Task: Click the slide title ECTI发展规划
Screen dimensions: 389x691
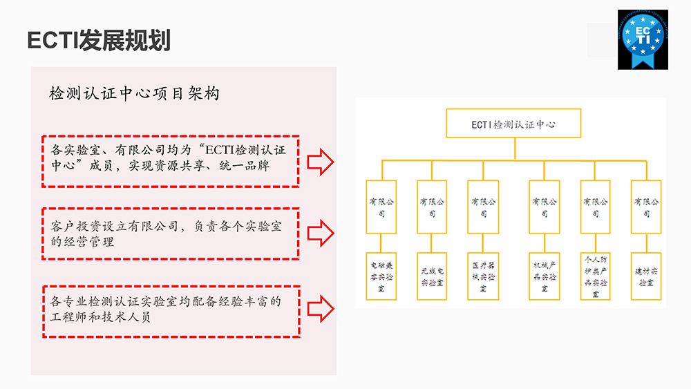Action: point(98,40)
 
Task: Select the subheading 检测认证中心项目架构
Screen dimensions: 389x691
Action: point(135,93)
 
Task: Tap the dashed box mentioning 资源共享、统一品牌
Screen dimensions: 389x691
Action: point(170,161)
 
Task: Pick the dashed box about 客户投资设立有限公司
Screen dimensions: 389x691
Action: point(170,234)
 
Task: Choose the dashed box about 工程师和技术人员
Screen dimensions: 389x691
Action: point(170,311)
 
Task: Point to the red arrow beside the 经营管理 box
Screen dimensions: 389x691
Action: point(321,233)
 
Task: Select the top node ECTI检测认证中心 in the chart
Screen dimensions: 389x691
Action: point(513,124)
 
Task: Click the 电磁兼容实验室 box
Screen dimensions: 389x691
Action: point(381,276)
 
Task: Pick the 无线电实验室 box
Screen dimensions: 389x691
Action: point(432,276)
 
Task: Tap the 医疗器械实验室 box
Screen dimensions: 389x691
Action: point(483,276)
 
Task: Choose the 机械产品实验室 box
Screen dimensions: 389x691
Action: point(544,276)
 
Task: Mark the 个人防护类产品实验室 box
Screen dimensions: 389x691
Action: point(595,276)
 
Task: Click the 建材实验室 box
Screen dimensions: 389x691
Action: point(646,276)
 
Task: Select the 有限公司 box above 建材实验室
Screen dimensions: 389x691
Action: point(646,207)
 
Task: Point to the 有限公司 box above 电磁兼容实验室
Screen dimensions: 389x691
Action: point(381,207)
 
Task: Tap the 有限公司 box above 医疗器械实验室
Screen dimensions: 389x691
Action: point(483,207)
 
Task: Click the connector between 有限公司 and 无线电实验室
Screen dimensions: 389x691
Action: point(432,243)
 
